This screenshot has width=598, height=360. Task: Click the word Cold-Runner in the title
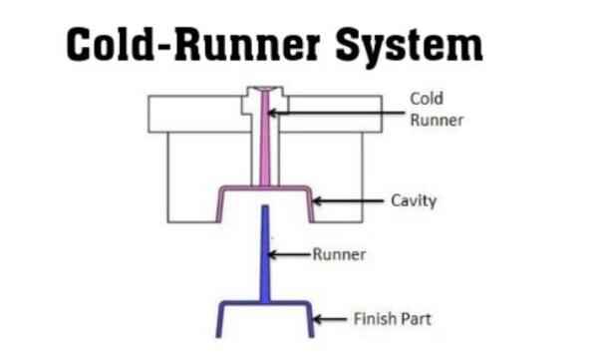point(193,44)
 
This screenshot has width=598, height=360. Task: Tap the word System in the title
point(410,47)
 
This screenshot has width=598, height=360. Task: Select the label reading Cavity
point(414,200)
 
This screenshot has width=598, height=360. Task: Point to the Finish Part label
point(392,319)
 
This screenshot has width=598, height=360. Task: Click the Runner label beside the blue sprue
point(339,254)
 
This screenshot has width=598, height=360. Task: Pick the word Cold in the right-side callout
point(427,99)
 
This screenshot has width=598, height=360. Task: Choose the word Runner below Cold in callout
point(437,121)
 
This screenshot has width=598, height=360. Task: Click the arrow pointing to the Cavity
point(348,200)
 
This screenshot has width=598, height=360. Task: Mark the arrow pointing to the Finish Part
point(330,319)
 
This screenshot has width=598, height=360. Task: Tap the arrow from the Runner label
point(290,254)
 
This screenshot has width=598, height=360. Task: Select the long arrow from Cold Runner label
point(336,113)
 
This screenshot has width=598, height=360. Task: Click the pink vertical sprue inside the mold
point(265,139)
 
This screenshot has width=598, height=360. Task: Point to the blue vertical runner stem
point(265,254)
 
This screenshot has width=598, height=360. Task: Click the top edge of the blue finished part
point(265,304)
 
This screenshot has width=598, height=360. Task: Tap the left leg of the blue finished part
point(220,320)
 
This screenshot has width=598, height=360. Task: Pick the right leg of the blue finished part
point(310,320)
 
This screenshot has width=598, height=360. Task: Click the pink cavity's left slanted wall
point(220,204)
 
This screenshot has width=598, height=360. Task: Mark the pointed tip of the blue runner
point(265,206)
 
